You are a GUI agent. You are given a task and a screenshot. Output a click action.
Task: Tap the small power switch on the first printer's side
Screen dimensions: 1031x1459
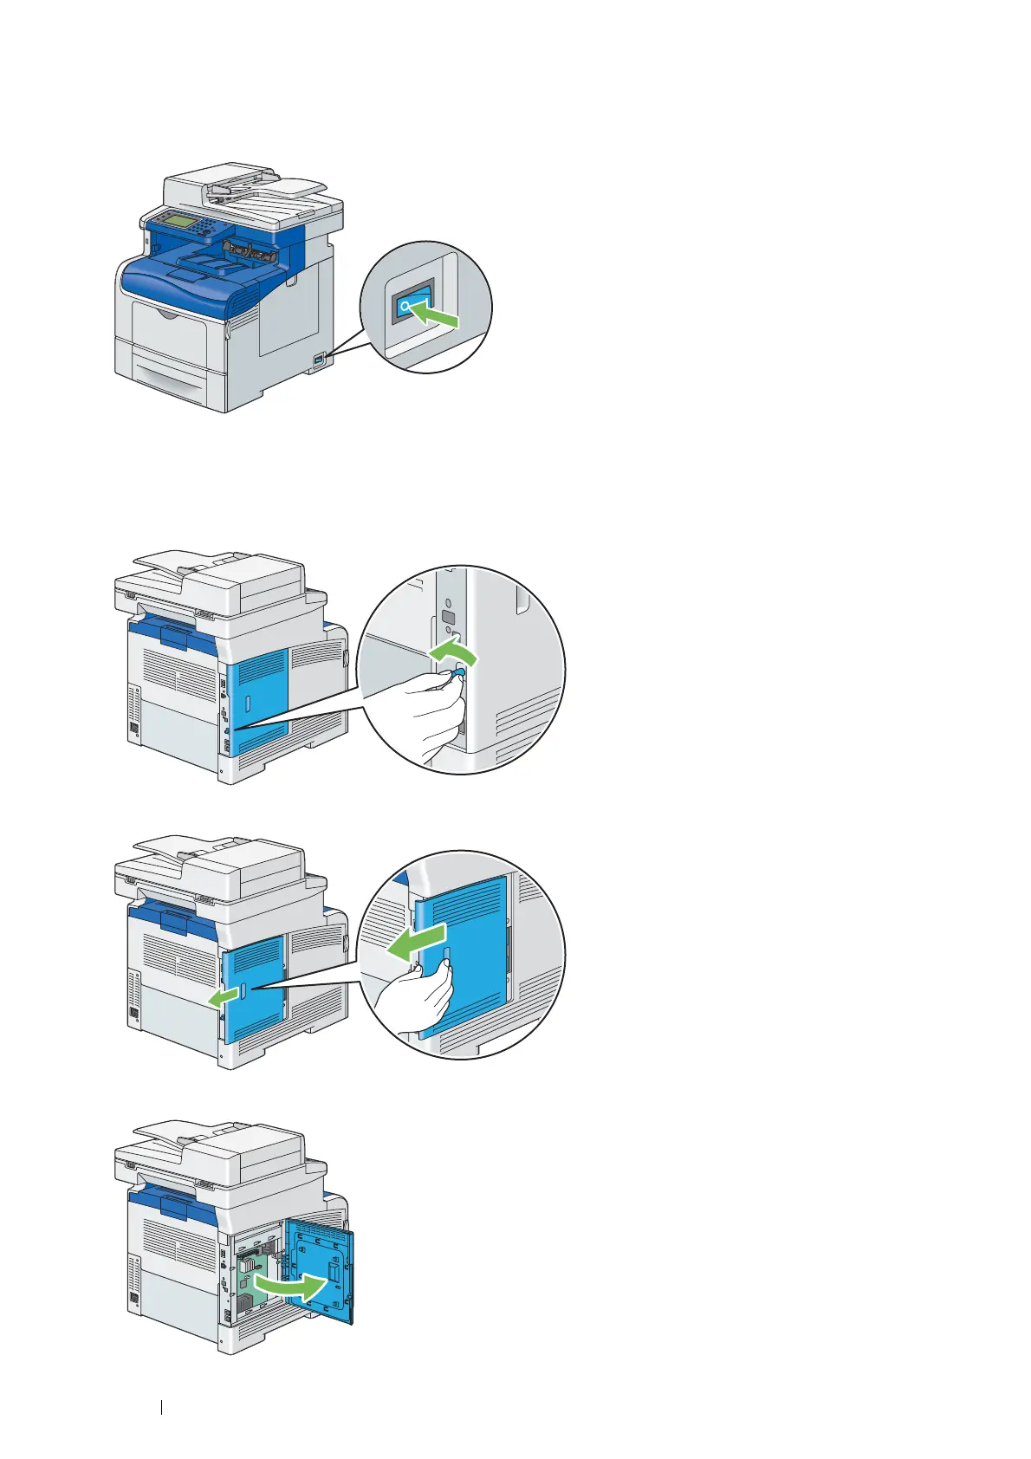[319, 358]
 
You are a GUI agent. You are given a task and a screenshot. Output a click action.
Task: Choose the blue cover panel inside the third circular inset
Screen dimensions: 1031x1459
[472, 953]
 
